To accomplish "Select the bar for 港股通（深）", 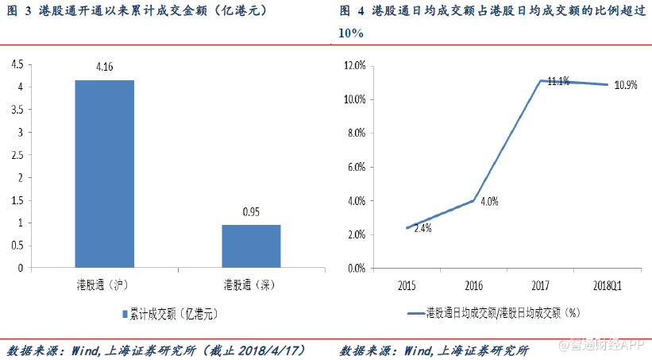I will pyautogui.click(x=251, y=246).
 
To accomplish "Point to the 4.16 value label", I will pyautogui.click(x=104, y=68).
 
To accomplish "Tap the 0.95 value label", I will pyautogui.click(x=251, y=213).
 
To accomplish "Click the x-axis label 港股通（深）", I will pyautogui.click(x=251, y=283).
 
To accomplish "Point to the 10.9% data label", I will pyautogui.click(x=626, y=85).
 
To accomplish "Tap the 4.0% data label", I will pyautogui.click(x=488, y=202).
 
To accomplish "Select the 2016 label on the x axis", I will pyautogui.click(x=474, y=284).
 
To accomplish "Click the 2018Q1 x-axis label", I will pyautogui.click(x=608, y=284).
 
